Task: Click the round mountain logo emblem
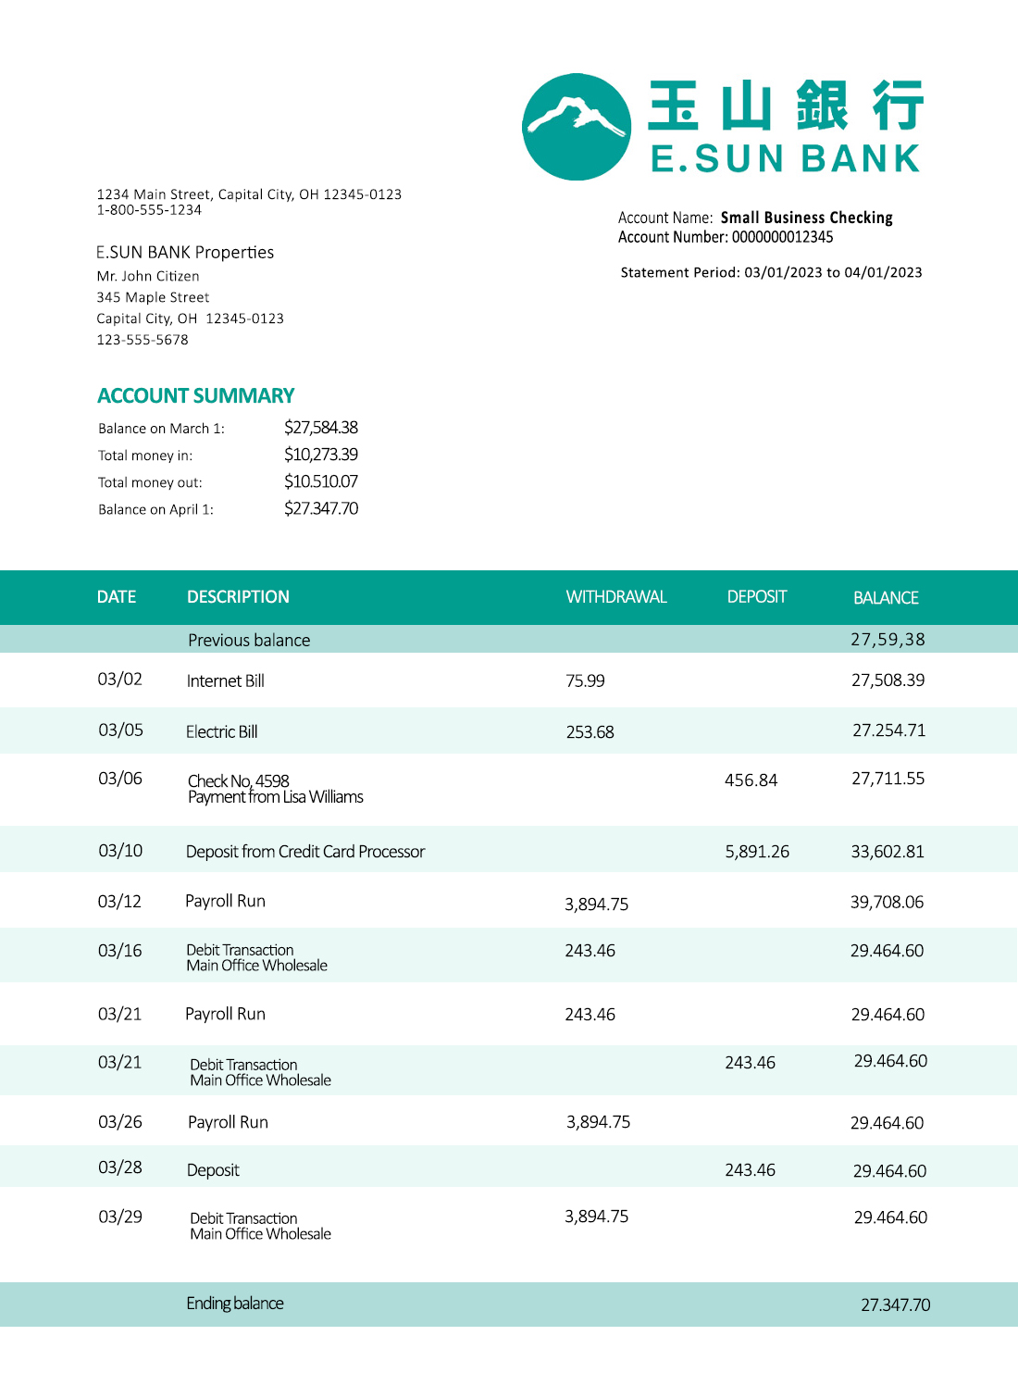tap(577, 127)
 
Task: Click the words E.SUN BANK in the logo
tap(786, 159)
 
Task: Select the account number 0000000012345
tap(782, 237)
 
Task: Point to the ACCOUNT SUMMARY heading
tap(196, 396)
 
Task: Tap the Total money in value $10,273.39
tap(320, 455)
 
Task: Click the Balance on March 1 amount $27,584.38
tap(320, 428)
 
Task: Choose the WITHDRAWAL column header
tap(616, 597)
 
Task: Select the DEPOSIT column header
tap(756, 597)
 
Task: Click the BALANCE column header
tap(886, 598)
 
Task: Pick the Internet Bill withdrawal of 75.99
tap(585, 681)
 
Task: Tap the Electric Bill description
tap(222, 732)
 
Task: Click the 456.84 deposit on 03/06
tap(751, 780)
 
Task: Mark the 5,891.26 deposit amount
tap(757, 852)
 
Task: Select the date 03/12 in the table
tap(120, 902)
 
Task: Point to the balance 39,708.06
tap(887, 903)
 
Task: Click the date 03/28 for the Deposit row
tap(120, 1167)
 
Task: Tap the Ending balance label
tap(235, 1304)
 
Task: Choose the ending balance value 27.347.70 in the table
tap(895, 1305)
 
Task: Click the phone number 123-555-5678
tap(143, 340)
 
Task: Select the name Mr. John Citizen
tap(148, 276)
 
